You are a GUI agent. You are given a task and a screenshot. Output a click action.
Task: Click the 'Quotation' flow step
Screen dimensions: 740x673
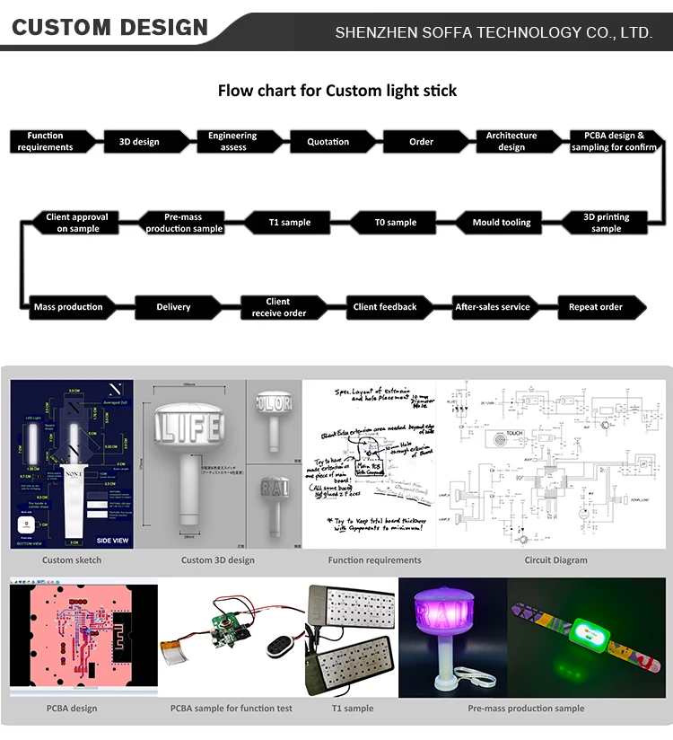pos(328,142)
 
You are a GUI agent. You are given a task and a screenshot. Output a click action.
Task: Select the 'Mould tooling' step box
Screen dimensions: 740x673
pos(502,223)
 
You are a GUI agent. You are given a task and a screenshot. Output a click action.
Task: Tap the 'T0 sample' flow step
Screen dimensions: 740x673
pos(395,223)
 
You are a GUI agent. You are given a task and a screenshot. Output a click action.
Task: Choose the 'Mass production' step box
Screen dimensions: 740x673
pos(68,307)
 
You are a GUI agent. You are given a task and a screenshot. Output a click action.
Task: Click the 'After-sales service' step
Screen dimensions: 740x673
pos(492,307)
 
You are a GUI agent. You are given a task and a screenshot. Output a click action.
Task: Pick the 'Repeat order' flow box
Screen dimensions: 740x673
pos(596,307)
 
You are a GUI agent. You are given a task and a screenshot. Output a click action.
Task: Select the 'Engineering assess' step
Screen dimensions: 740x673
pos(232,142)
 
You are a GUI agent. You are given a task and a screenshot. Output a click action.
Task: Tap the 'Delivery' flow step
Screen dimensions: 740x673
pos(173,307)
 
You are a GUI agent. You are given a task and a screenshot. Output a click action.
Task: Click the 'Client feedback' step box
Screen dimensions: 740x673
pos(385,307)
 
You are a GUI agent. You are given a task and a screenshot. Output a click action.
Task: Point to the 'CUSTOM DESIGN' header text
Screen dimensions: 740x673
pos(109,28)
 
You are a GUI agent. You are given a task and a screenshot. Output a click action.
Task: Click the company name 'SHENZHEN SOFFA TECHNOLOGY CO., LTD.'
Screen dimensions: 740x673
pos(493,32)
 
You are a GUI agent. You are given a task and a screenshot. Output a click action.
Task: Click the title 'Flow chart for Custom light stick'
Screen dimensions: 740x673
pos(337,91)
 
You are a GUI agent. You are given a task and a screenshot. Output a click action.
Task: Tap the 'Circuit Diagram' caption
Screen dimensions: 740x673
pos(556,560)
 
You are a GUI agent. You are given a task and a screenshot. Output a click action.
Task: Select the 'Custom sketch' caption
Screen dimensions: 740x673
pos(72,560)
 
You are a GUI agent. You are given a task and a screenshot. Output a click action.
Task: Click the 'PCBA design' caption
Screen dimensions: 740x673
pos(72,709)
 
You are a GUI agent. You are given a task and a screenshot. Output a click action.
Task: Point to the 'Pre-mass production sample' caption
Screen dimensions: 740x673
pos(526,709)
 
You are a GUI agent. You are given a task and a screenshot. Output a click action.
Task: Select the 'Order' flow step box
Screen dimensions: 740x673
pos(421,142)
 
